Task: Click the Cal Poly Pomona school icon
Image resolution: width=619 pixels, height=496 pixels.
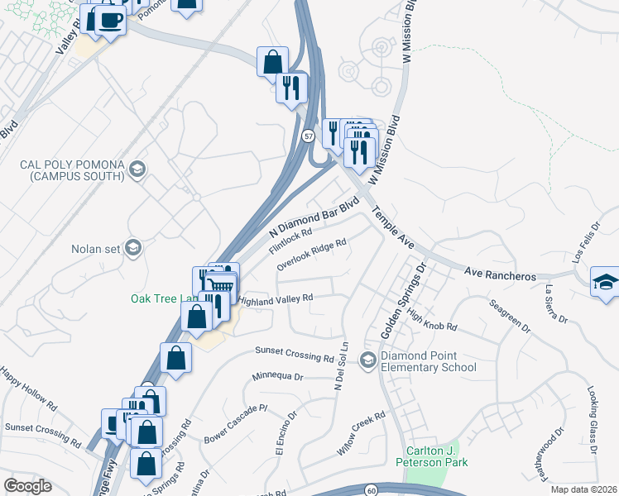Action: coord(137,170)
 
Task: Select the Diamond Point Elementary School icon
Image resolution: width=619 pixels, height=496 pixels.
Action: coord(367,360)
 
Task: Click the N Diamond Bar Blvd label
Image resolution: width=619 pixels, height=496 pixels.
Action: coord(315,219)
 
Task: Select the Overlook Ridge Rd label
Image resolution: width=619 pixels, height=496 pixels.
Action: coord(311,255)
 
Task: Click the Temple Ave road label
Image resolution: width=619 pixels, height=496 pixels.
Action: coord(393,228)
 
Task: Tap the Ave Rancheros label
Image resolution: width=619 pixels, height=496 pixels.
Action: coord(500,272)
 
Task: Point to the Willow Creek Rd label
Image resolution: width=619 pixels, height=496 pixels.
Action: coord(362,435)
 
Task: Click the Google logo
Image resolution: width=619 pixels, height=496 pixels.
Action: coord(27,486)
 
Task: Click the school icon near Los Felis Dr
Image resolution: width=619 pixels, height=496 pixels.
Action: coord(605,283)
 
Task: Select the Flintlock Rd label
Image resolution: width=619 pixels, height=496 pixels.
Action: coord(290,242)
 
